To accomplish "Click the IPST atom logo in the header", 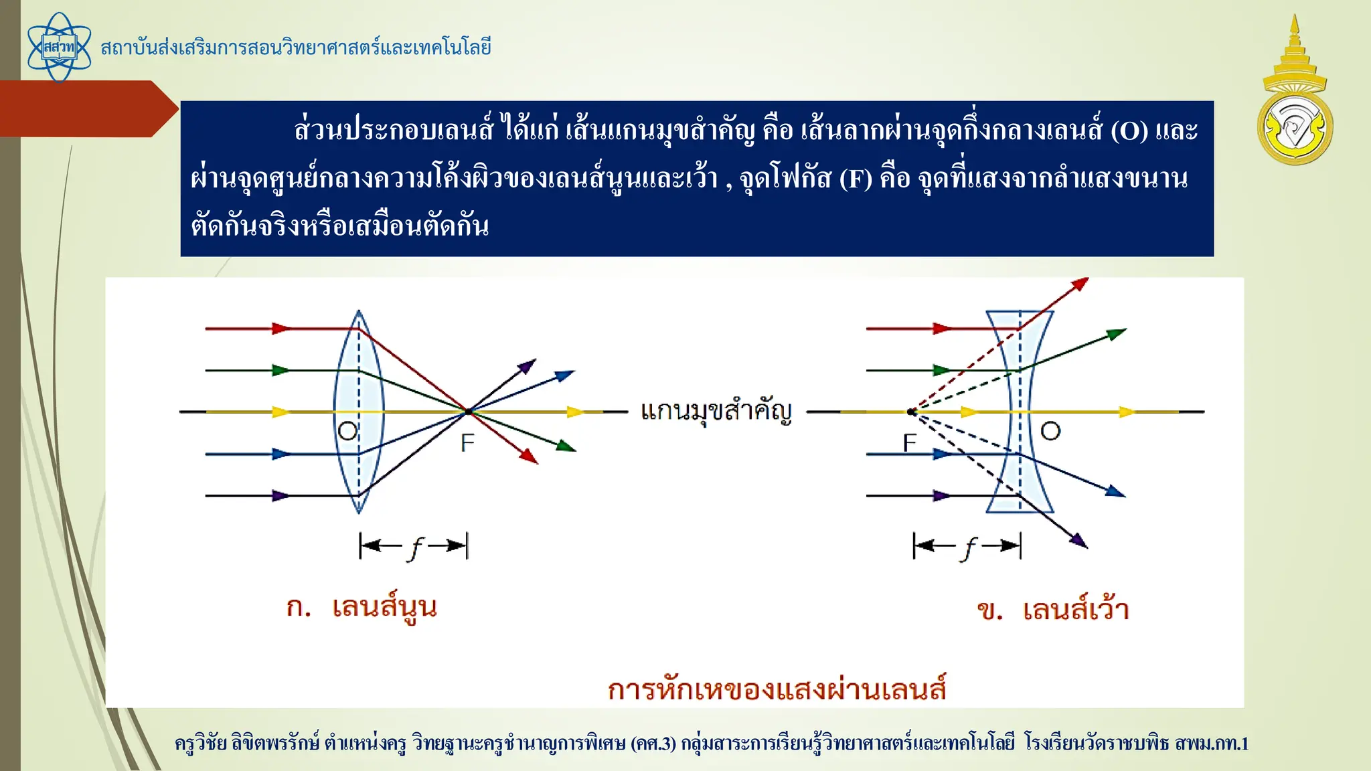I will coord(59,48).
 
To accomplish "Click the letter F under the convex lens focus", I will coord(467,442).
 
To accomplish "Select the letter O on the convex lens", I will coord(347,430).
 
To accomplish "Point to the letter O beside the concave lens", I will coord(1050,431).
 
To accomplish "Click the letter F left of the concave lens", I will coord(909,442).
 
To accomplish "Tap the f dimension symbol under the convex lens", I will coord(415,547).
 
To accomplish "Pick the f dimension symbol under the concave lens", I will coord(969,547).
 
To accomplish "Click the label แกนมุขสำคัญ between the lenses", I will coord(716,411).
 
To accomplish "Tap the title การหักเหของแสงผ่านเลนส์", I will coord(777,689).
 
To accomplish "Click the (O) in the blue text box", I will coord(1129,131).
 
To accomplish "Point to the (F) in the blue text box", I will coord(856,179).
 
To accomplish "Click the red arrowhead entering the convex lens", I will coord(281,329).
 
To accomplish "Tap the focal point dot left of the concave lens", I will coord(911,412).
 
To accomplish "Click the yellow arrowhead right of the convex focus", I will coord(575,412).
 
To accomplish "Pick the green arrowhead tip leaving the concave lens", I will coord(1119,333).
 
